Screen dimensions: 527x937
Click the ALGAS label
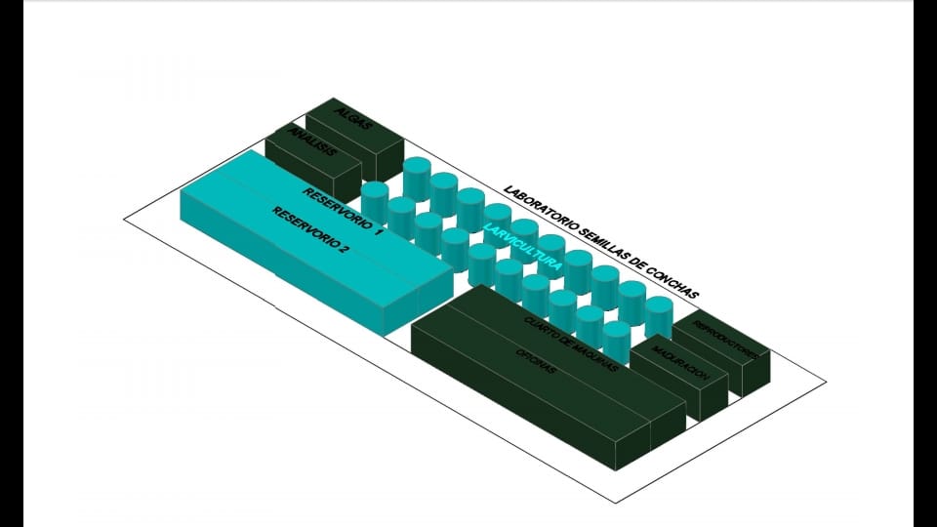[x=348, y=114]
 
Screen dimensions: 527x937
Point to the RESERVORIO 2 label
[x=310, y=230]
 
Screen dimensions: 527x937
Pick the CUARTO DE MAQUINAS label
[x=571, y=345]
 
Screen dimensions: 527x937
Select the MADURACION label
[x=678, y=362]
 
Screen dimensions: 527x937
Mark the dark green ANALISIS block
[x=322, y=171]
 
